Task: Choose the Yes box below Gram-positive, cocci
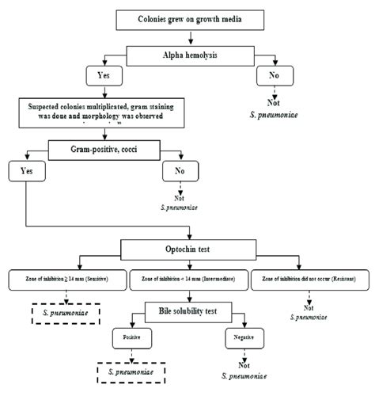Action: tap(25, 171)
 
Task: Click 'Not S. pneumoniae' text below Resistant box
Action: tap(309, 314)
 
